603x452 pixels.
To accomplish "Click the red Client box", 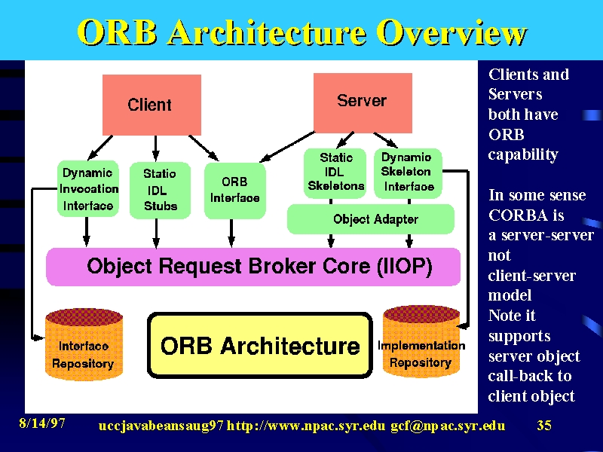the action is pos(152,105).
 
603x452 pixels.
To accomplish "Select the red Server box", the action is pos(363,103).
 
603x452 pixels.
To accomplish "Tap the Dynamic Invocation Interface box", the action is pos(87,189).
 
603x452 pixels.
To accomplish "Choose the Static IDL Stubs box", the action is pos(160,191).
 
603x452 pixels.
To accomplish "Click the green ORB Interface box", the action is pos(235,191).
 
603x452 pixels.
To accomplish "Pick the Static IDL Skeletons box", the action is pos(335,173).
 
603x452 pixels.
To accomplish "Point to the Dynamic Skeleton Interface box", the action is pos(408,173).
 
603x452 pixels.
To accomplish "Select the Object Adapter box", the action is pos(371,219).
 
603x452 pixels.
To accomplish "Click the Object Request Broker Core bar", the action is pos(253,267).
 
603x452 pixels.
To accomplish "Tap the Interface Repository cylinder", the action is pos(84,344).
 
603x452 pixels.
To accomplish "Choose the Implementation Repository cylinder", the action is pos(421,341).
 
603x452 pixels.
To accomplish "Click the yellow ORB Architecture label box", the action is pos(260,345).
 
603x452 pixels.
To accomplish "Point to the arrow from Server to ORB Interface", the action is pos(287,147).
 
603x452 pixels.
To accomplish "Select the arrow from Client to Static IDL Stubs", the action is pos(156,148).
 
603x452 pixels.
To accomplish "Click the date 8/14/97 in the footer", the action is pos(42,423).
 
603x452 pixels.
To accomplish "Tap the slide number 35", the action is pos(544,425).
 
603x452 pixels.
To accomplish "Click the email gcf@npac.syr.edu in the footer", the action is pos(448,426).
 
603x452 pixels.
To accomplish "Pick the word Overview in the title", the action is pos(451,32).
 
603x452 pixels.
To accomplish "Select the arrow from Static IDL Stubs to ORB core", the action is pos(156,234).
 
